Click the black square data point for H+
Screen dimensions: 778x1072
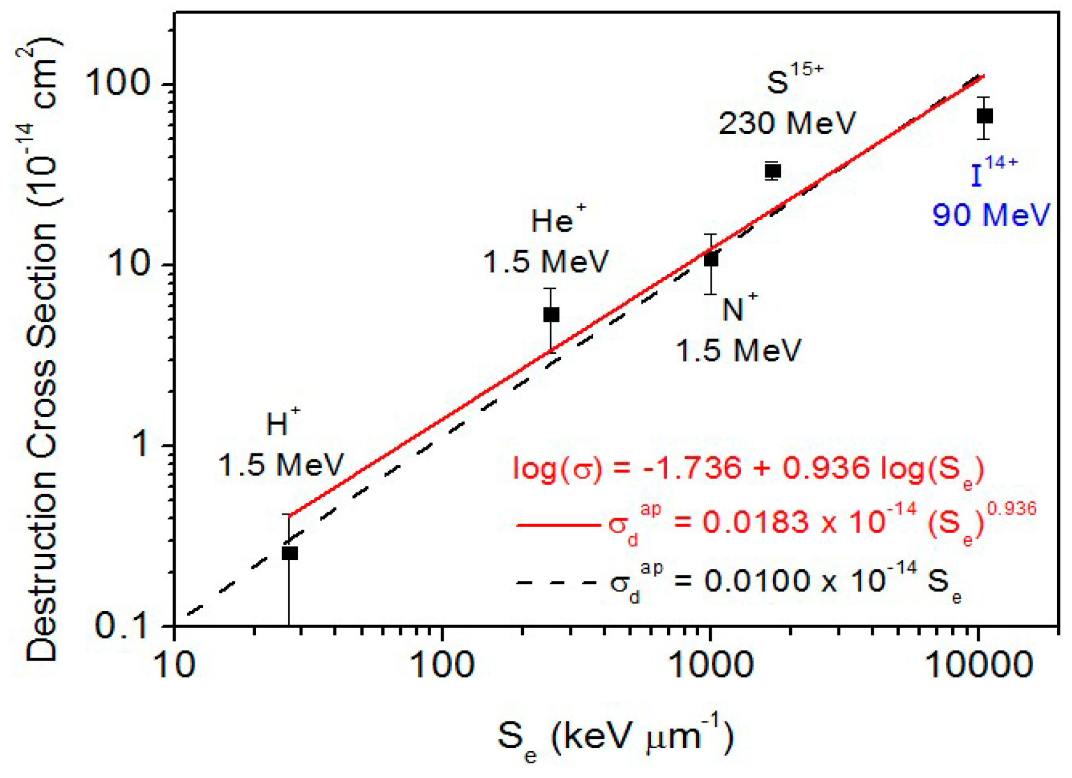tap(289, 553)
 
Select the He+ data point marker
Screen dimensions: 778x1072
tap(551, 315)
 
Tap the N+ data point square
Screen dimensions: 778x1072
tap(710, 260)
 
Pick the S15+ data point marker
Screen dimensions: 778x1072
tap(772, 172)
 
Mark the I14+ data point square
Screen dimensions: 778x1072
tap(984, 116)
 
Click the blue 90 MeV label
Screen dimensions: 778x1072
tap(991, 214)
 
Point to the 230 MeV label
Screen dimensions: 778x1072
tap(787, 123)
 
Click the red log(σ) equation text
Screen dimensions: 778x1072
tap(748, 469)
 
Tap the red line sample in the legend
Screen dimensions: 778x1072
tap(557, 525)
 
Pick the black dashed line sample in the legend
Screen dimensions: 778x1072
tap(557, 582)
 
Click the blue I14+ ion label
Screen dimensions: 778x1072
tap(992, 171)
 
